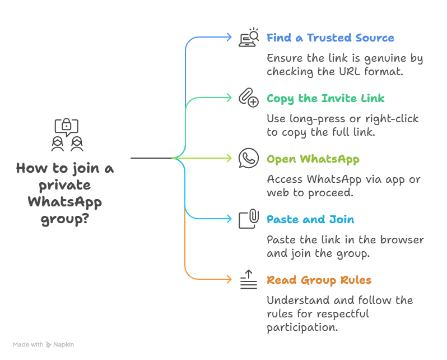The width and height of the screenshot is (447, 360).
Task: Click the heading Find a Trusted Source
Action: [x=330, y=38]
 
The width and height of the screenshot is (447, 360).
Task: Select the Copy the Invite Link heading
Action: [x=325, y=99]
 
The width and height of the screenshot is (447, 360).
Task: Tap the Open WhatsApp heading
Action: [x=313, y=159]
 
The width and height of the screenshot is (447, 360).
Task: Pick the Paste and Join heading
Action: [x=310, y=220]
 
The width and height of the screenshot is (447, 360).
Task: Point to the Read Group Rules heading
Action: [x=319, y=280]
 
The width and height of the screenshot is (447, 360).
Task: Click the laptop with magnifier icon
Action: [x=249, y=38]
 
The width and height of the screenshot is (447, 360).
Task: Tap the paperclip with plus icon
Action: [x=248, y=98]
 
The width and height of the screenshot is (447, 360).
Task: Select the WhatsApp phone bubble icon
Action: [x=248, y=159]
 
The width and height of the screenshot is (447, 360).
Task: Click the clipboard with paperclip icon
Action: [x=248, y=219]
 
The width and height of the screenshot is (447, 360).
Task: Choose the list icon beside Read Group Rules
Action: [x=248, y=279]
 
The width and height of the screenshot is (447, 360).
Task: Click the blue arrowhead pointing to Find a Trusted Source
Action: [x=228, y=37]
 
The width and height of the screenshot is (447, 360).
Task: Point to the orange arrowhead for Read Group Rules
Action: [x=228, y=279]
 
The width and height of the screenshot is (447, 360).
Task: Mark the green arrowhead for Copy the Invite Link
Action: [x=228, y=98]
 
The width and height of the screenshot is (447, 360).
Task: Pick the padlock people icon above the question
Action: [x=66, y=135]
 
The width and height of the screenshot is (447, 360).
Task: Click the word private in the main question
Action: [x=65, y=185]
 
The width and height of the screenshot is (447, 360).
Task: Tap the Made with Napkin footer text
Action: [x=44, y=345]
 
